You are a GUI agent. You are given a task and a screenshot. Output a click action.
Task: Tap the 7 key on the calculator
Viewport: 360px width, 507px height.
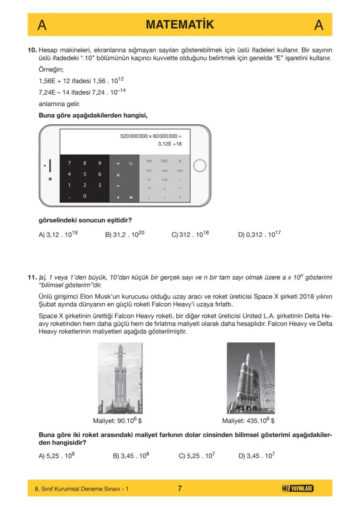pos(69,163)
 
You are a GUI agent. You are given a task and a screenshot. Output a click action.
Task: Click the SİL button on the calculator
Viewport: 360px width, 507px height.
pos(131,163)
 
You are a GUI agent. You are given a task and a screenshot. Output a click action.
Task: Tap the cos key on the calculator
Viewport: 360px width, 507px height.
pos(164,171)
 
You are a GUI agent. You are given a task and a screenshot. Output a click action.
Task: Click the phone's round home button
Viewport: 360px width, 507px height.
pos(199,166)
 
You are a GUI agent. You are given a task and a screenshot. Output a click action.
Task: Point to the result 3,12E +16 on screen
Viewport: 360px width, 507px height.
pos(170,144)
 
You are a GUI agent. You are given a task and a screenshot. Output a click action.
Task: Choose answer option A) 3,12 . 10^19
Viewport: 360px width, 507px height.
pos(58,234)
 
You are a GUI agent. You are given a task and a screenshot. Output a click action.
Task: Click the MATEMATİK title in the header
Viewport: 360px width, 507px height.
pos(180,25)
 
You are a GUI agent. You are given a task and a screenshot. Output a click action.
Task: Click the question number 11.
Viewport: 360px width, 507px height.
pos(32,277)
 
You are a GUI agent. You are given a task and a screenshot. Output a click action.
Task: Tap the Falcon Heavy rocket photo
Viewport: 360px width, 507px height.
pos(120,378)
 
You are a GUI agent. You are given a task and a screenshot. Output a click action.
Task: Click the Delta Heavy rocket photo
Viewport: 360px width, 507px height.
pos(250,378)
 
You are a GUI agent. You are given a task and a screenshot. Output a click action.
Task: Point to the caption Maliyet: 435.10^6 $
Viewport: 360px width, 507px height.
pos(248,421)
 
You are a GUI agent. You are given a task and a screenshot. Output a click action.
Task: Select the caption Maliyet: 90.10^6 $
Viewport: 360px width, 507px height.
pos(117,421)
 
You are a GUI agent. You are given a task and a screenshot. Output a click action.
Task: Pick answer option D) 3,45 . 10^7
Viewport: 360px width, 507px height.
pos(257,456)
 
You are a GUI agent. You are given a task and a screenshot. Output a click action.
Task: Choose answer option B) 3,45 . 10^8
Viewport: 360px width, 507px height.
pos(131,456)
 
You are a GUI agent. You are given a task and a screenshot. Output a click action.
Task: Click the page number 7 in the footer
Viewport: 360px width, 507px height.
pos(180,488)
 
